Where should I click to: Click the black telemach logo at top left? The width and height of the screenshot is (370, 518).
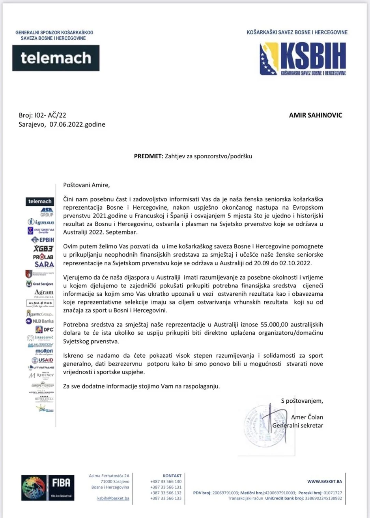(x=56, y=58)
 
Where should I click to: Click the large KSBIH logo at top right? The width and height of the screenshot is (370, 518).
(x=303, y=59)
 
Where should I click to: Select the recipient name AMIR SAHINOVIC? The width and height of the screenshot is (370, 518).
(x=316, y=115)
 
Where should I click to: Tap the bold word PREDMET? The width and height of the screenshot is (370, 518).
(x=148, y=156)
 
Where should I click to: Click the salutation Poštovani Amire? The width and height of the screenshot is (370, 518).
(x=87, y=184)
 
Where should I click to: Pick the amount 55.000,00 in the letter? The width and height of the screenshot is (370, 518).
(x=274, y=325)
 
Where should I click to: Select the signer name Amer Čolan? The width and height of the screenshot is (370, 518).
(x=307, y=417)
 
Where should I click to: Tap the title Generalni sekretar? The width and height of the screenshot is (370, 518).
(x=298, y=425)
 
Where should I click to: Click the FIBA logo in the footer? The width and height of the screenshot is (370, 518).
(x=48, y=488)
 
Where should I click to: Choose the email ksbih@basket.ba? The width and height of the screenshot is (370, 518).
(x=113, y=498)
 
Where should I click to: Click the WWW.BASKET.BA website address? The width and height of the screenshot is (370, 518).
(x=324, y=481)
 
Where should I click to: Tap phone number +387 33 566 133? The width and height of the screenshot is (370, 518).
(x=166, y=498)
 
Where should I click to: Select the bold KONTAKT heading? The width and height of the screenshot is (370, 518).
(x=172, y=476)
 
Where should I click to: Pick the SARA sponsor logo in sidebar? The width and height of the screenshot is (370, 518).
(x=44, y=264)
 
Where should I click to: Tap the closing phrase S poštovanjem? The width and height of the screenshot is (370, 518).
(x=302, y=401)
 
